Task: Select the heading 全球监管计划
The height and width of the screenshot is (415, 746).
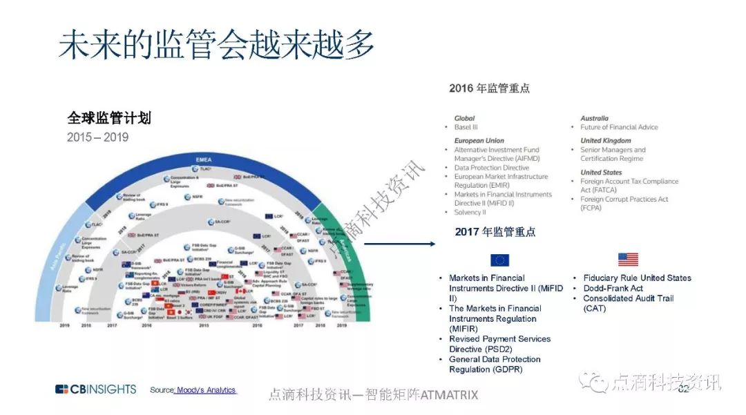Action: tap(108, 118)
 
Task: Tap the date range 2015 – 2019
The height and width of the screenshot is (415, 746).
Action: tap(97, 137)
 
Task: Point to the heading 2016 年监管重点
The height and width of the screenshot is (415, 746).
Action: tap(489, 88)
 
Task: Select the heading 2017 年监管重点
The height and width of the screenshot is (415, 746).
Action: tap(495, 232)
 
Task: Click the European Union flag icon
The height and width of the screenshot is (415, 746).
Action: tap(499, 260)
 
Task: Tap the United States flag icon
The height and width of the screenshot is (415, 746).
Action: tap(628, 260)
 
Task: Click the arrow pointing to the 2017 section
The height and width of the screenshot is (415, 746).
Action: tap(399, 243)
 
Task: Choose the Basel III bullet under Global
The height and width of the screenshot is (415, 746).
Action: tap(466, 127)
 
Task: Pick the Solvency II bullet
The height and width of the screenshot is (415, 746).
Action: tap(470, 213)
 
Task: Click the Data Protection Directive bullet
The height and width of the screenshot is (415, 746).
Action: tap(491, 168)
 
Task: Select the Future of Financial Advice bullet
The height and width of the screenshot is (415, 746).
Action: tap(619, 127)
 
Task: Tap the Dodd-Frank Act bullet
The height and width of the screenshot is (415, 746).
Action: tap(613, 288)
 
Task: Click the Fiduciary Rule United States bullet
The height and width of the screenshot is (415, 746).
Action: tap(637, 278)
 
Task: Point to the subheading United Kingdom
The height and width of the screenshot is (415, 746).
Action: tap(605, 141)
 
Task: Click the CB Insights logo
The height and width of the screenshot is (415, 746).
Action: tap(95, 389)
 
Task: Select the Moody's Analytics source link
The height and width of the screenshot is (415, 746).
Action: tap(205, 390)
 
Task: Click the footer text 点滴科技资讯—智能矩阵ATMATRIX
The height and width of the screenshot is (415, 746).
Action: tap(372, 395)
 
